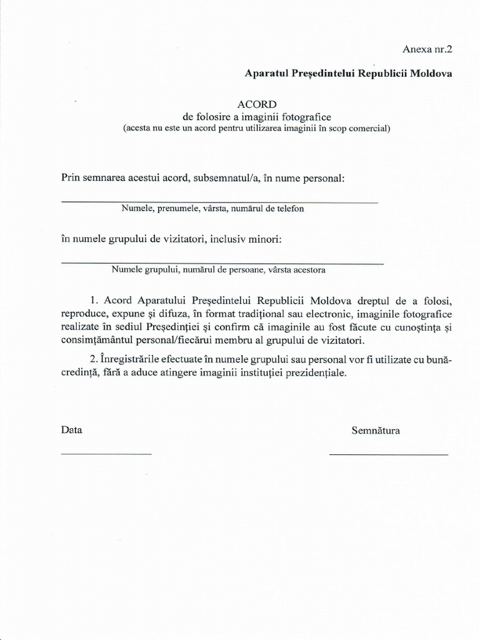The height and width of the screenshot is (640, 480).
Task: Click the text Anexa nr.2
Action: (x=426, y=49)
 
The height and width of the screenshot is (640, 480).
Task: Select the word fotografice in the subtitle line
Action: (x=302, y=117)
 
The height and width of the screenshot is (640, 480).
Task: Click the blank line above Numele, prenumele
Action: (x=219, y=202)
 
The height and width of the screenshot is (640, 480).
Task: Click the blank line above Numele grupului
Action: (x=222, y=264)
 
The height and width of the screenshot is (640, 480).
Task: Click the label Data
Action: (x=71, y=431)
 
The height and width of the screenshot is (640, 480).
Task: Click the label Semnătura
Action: (x=376, y=431)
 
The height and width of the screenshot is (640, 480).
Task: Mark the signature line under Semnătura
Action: (x=388, y=454)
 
